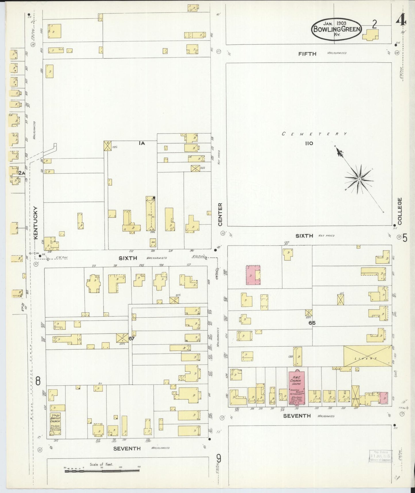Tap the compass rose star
(359, 179)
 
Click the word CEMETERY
(314, 134)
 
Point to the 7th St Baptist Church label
(55, 420)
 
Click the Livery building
(368, 356)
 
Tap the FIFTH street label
(307, 54)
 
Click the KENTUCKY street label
(36, 223)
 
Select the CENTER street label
(220, 214)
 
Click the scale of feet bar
(102, 471)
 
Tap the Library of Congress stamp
(380, 456)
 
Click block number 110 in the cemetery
(309, 143)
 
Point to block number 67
(132, 339)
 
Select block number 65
(312, 323)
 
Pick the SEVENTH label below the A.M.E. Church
(297, 416)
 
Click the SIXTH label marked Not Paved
(304, 236)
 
